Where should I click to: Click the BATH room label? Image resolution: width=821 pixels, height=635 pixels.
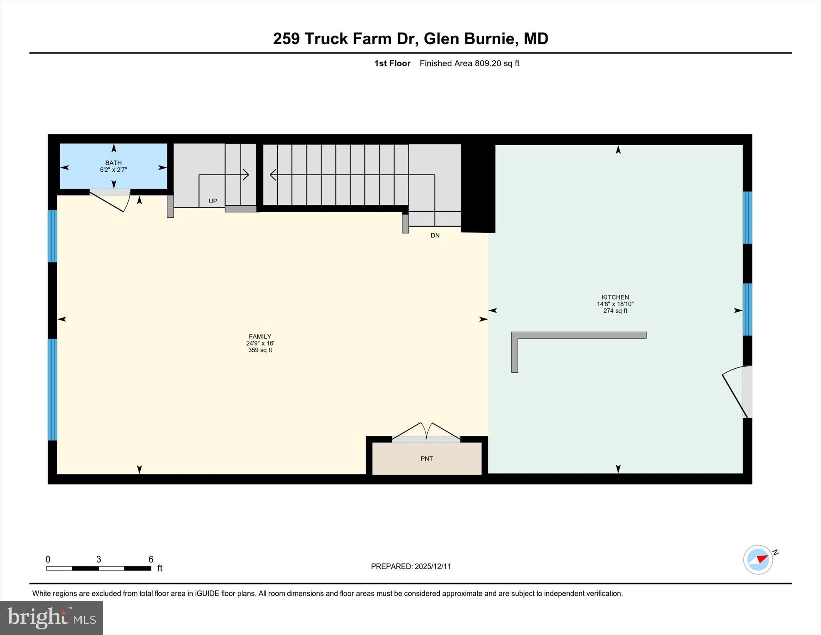113,163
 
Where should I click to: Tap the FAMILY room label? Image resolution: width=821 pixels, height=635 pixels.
260,337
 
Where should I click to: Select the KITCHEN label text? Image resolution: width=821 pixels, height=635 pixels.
615,297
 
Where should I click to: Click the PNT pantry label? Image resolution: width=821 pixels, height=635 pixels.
427,458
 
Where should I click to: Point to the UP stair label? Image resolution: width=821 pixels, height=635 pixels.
213,201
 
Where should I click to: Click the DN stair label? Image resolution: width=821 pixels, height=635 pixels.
435,235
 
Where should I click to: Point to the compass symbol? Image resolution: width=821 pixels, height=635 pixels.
758,560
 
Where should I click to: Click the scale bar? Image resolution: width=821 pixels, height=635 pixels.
99,568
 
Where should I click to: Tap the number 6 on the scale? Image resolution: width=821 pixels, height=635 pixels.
151,559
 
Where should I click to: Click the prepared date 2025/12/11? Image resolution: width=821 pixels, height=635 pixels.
433,566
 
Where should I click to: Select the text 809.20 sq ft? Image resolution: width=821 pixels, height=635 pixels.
497,63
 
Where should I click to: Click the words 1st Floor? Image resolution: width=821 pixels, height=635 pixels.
392,63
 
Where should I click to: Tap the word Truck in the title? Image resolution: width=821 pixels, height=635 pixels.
326,39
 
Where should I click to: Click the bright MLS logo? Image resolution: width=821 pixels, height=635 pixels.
51,618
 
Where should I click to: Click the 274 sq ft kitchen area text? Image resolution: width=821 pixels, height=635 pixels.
615,311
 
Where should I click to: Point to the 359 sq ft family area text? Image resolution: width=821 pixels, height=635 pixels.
260,350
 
